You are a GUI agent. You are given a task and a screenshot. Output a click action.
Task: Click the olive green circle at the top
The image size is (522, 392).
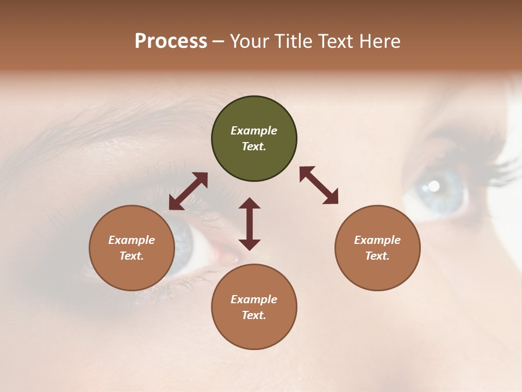[254, 139]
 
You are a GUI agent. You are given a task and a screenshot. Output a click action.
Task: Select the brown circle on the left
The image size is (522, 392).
[132, 248]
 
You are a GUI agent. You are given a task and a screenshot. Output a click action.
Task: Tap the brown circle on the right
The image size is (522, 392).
[377, 248]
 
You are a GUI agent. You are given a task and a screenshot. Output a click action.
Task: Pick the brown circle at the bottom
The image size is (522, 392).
[254, 307]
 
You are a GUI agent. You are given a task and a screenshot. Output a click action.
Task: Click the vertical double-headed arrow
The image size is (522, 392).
[250, 224]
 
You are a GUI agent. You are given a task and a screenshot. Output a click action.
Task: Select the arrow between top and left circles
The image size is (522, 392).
[188, 191]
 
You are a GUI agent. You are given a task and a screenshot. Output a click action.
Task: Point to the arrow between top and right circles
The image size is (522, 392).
[319, 185]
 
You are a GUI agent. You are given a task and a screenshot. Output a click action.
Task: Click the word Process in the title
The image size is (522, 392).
[171, 41]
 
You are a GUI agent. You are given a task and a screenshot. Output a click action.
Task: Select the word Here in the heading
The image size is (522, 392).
[381, 41]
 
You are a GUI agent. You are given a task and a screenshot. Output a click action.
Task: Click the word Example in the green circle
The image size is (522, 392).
[254, 131]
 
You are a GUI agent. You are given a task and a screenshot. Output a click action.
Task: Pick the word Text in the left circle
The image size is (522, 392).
[131, 256]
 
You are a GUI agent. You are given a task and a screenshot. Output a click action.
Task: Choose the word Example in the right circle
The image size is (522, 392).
[377, 240]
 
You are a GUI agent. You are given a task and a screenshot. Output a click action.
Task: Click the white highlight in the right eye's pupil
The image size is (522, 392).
[433, 186]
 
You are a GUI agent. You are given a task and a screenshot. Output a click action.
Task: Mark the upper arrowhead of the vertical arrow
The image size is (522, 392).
[250, 203]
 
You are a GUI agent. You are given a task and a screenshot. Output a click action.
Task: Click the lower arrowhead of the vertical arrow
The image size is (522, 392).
[250, 244]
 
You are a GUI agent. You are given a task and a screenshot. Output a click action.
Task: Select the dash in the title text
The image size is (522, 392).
[218, 41]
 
